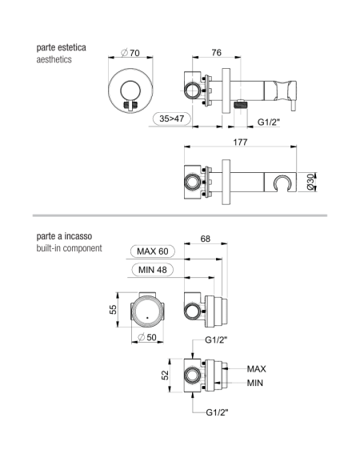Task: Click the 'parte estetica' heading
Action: [61, 47]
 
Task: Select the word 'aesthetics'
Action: [54, 59]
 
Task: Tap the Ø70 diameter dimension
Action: [130, 53]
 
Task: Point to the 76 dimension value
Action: [216, 52]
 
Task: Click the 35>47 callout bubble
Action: [172, 119]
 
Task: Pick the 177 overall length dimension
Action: [240, 142]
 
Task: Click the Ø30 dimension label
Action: [310, 182]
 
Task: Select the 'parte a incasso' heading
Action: [64, 236]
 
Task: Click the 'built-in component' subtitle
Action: [69, 248]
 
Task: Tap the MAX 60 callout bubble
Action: [153, 251]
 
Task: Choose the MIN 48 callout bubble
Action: [153, 270]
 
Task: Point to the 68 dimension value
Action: [205, 239]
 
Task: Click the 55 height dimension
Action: [113, 310]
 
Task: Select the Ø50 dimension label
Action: [147, 337]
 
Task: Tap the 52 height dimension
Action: [165, 376]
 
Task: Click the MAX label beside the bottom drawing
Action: [256, 369]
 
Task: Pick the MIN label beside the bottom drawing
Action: [255, 383]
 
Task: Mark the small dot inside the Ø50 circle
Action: [147, 318]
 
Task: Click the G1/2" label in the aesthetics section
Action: [269, 122]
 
